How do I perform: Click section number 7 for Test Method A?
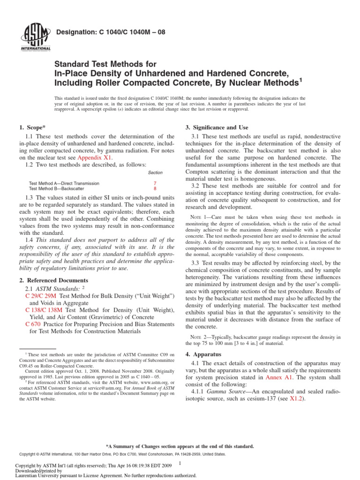pos(155,183)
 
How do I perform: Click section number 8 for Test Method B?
pos(155,188)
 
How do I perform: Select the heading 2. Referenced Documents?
pos(53,280)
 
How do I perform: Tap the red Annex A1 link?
pos(280,377)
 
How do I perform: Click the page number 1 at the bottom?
pos(180,464)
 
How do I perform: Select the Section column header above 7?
pos(155,173)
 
